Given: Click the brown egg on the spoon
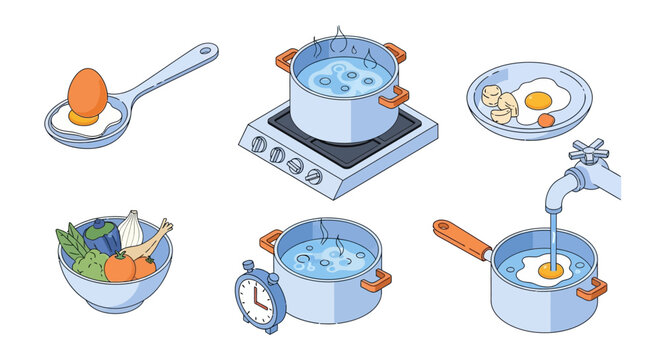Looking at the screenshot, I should (x=87, y=92).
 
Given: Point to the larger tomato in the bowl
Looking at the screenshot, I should (x=120, y=267).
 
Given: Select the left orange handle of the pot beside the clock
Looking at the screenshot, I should (x=270, y=241).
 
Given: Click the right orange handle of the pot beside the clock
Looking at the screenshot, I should (x=376, y=281).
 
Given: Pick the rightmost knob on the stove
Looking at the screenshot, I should (x=314, y=176).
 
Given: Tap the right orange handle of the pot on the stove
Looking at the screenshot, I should (x=394, y=97).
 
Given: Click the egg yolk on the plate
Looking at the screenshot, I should (x=538, y=99).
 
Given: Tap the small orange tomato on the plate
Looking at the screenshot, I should (x=545, y=120).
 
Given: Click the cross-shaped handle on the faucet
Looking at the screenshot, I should (x=588, y=150).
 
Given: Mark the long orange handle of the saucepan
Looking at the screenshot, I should (x=461, y=239).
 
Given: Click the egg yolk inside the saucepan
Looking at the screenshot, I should (x=548, y=269).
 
